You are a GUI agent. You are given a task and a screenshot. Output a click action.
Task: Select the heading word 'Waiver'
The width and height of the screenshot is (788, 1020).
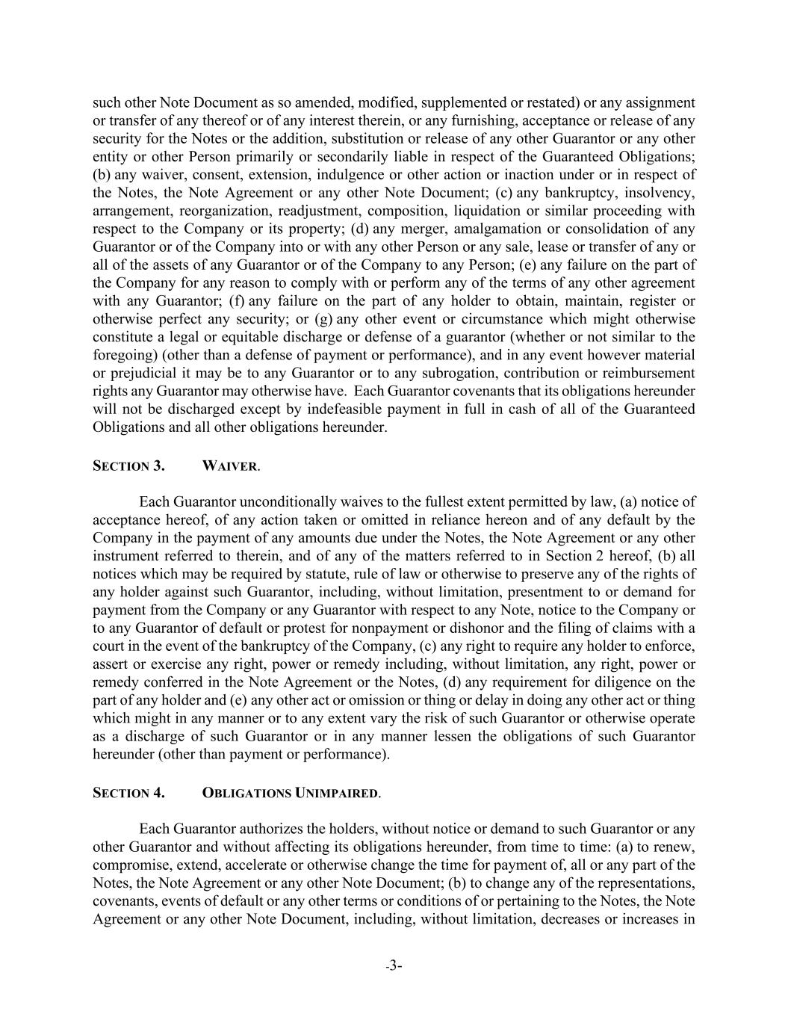(230, 466)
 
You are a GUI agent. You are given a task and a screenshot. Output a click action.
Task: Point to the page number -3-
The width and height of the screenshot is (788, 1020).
(394, 966)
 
